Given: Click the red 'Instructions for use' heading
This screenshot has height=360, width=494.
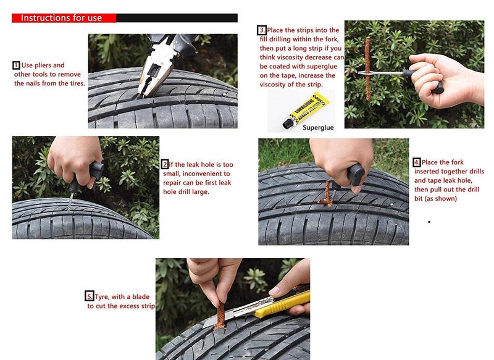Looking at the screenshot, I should point(62,17).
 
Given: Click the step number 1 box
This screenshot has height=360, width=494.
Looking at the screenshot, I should point(16,65).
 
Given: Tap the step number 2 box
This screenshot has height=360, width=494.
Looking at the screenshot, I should point(165,165).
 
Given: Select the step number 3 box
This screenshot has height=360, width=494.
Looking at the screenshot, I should point(262,30).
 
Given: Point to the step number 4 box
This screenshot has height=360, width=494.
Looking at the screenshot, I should point(417,162).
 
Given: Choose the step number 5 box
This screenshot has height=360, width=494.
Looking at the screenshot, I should point(90,297).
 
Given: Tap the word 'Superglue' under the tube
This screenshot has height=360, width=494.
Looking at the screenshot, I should point(319,127).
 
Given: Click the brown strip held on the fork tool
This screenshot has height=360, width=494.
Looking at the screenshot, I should point(367,68).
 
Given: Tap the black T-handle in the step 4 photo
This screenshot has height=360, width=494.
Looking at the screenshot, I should point(355,175).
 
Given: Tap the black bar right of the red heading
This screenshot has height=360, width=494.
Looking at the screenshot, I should point(177,17).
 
